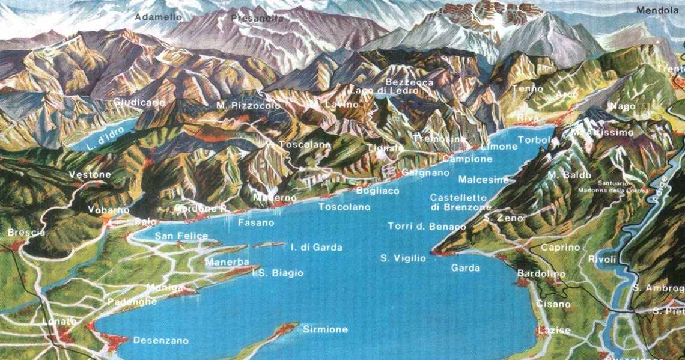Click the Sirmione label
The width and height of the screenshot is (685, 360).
tap(325, 329)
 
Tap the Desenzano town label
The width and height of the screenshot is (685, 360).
tap(160, 340)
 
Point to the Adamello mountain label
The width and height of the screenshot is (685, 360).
tap(158, 17)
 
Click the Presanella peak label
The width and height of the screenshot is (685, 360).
tap(257, 19)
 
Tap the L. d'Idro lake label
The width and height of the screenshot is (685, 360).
tap(104, 144)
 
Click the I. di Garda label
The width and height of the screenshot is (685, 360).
tap(316, 247)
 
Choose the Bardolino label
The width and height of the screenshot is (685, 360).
tap(541, 274)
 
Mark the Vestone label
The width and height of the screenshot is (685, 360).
tap(90, 175)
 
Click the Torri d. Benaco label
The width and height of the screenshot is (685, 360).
tap(427, 227)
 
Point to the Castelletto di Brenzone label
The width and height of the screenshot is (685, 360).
tap(460, 202)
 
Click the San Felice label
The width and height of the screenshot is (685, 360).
tap(181, 236)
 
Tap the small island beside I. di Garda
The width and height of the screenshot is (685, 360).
tap(269, 245)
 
